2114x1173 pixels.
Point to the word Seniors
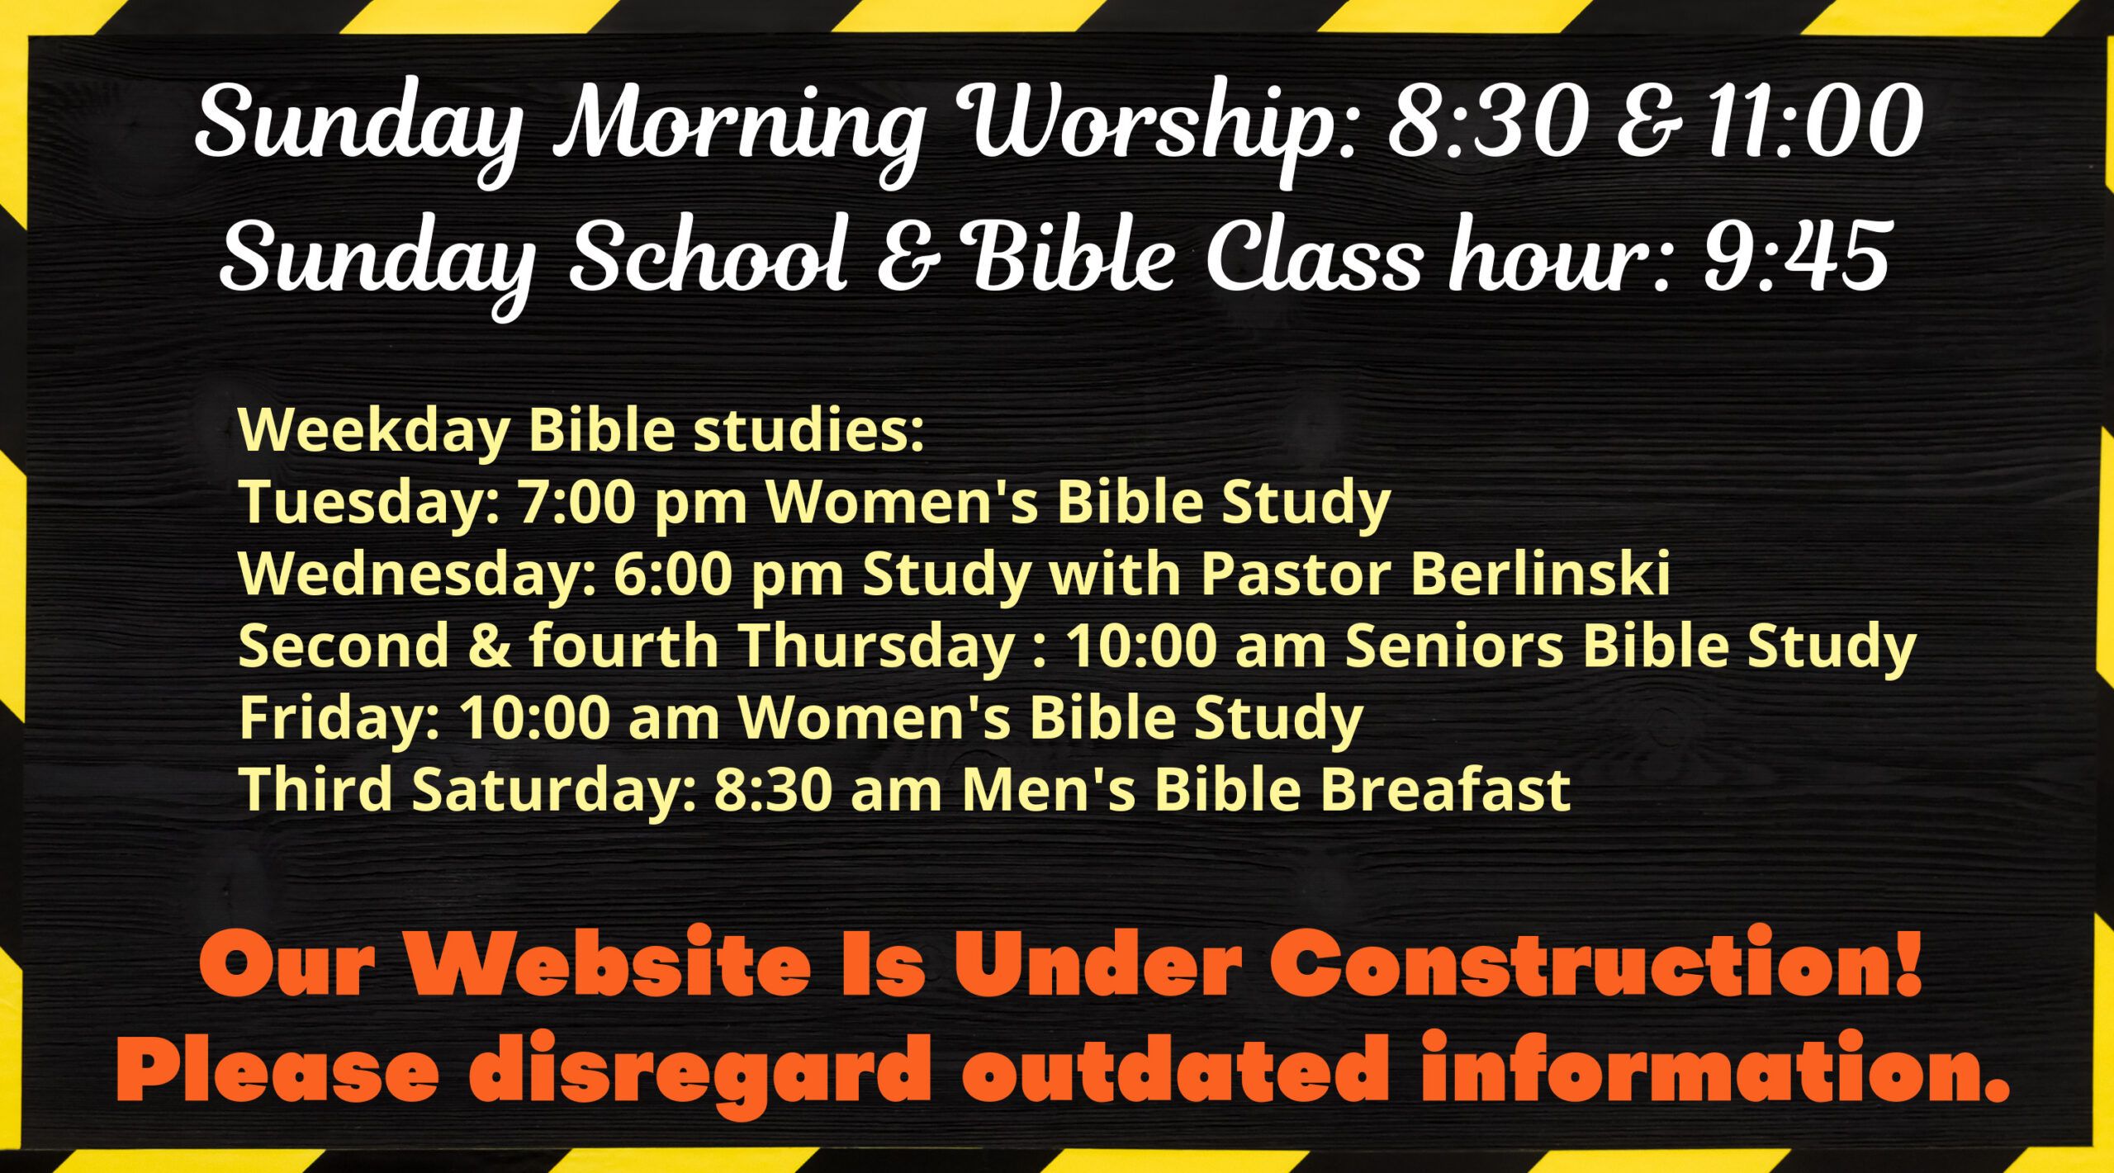click(x=1454, y=646)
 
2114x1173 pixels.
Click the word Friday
click(x=339, y=718)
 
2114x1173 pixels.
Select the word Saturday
click(x=549, y=789)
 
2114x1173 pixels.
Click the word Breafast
click(x=1444, y=789)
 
